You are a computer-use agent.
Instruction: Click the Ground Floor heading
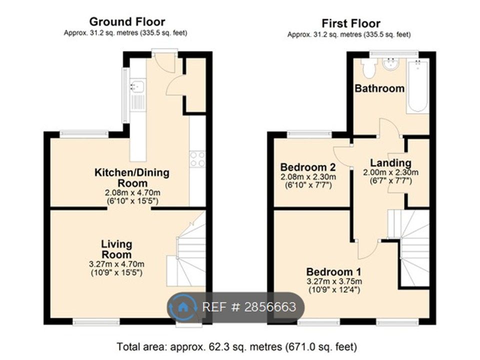pyautogui.click(x=127, y=22)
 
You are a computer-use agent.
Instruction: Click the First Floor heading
pyautogui.click(x=351, y=23)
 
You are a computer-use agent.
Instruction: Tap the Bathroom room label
pyautogui.click(x=379, y=88)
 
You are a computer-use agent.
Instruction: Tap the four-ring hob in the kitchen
pyautogui.click(x=197, y=159)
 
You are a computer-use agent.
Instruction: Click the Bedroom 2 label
pyautogui.click(x=307, y=167)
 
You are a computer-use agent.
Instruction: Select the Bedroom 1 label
pyautogui.click(x=333, y=272)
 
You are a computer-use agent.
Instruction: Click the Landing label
pyautogui.click(x=390, y=163)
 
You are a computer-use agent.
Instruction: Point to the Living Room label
pyautogui.click(x=116, y=249)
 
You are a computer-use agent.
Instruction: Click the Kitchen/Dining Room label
pyautogui.click(x=132, y=178)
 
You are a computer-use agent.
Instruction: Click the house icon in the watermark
pyautogui.click(x=183, y=307)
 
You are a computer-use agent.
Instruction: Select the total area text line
pyautogui.click(x=237, y=347)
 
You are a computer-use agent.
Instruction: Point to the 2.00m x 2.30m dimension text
pyautogui.click(x=390, y=172)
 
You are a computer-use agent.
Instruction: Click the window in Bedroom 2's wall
pyautogui.click(x=309, y=134)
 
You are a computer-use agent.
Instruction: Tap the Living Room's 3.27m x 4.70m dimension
pyautogui.click(x=116, y=264)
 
